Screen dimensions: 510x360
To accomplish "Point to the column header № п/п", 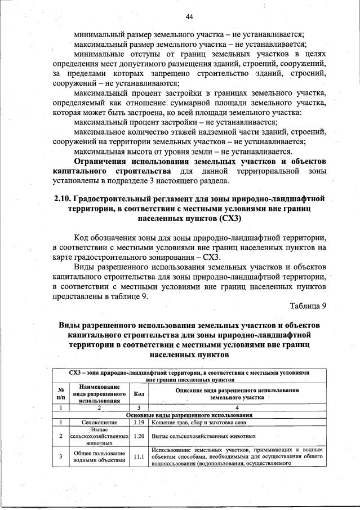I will click(60, 394).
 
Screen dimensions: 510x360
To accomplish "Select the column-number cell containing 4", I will click(237, 407).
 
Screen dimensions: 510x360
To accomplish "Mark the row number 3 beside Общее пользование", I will click(60, 456).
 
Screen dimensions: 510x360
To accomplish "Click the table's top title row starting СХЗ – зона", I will click(189, 376).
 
